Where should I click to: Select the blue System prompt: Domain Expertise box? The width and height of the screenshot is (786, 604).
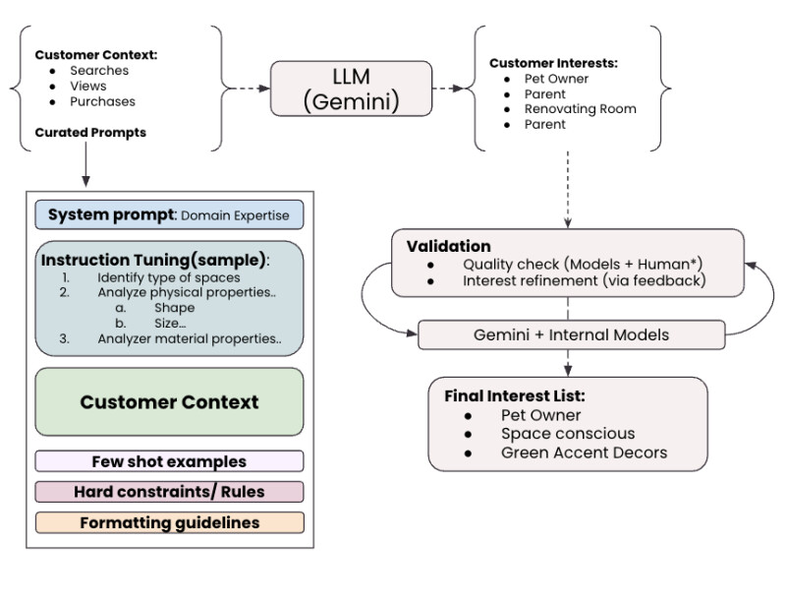[169, 215]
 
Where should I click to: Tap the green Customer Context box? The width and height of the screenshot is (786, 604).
[169, 401]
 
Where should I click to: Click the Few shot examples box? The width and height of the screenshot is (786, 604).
[169, 461]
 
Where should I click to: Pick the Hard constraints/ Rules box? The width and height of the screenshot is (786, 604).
[169, 492]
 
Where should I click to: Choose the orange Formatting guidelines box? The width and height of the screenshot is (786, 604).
[169, 522]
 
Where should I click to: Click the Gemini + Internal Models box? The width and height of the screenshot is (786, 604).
[571, 334]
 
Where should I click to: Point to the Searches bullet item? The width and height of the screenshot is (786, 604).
[99, 71]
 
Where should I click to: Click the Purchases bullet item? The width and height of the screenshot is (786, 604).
[102, 101]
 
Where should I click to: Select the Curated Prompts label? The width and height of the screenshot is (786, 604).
[90, 133]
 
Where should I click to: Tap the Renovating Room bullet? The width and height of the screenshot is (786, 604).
[580, 109]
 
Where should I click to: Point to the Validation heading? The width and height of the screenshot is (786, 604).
[448, 246]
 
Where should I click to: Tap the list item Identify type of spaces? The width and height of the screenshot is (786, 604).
[168, 277]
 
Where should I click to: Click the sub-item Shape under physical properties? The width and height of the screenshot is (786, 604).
[174, 308]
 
